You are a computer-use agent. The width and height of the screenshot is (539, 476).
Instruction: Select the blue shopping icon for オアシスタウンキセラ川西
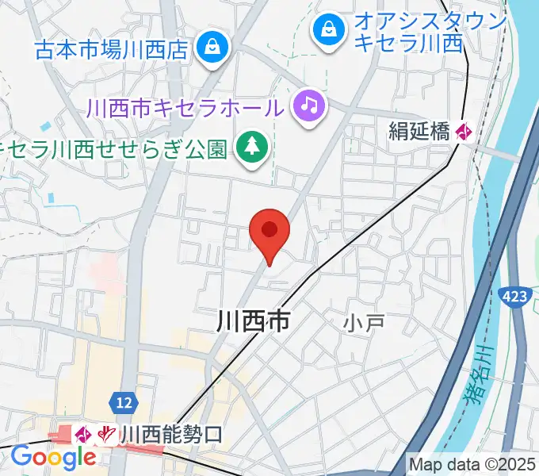point(327,31)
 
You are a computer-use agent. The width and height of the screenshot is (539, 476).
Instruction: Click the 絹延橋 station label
point(419,132)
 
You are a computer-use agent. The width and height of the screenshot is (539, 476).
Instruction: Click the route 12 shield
point(122,402)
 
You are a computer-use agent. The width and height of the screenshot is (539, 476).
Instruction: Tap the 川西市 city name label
point(253,321)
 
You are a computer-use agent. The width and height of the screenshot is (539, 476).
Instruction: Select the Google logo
point(53,458)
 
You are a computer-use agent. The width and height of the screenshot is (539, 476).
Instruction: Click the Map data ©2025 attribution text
point(472,464)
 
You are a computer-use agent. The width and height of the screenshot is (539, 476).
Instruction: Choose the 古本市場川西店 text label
point(111,50)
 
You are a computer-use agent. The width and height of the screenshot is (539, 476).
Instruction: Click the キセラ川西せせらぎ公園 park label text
point(115,148)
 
